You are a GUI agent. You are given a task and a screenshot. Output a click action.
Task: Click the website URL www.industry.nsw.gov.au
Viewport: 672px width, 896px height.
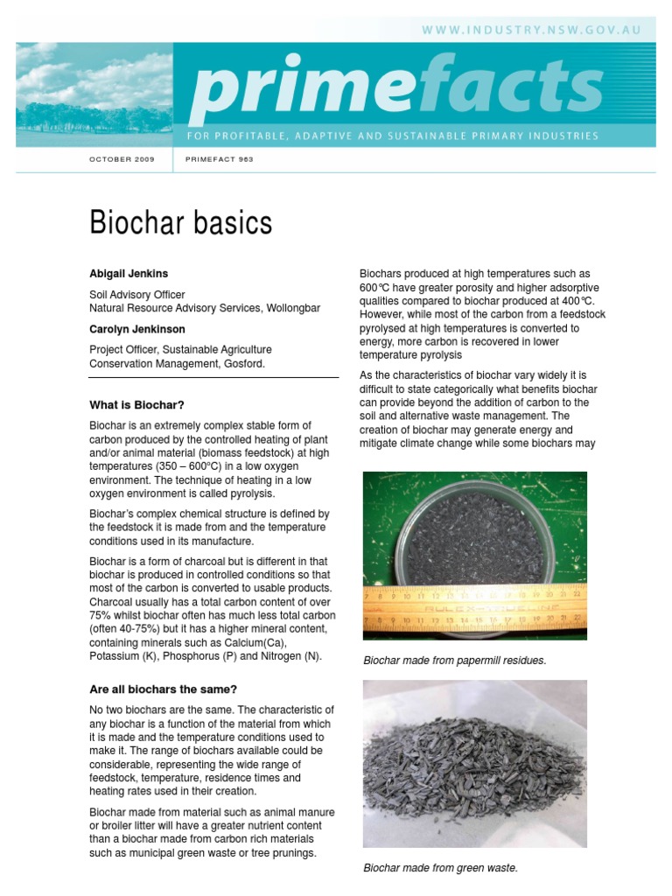[x=531, y=30]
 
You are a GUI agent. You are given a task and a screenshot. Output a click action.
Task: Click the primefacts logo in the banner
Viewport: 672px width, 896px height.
[x=395, y=88]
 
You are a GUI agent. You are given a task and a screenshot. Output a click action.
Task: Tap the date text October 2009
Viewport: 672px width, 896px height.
[x=122, y=160]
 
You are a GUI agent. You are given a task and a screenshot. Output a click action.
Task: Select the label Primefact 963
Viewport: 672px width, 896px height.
[x=219, y=160]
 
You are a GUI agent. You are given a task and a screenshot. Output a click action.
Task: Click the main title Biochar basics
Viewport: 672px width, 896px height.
[x=181, y=223]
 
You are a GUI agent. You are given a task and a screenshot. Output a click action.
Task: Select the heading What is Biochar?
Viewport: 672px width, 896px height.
[x=137, y=405]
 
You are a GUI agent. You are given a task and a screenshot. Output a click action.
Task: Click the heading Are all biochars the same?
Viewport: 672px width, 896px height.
[x=163, y=689]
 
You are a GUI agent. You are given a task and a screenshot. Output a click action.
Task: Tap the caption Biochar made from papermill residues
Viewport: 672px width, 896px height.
[x=454, y=661]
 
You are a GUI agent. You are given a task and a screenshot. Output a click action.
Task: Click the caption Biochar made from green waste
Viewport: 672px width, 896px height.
[x=440, y=868]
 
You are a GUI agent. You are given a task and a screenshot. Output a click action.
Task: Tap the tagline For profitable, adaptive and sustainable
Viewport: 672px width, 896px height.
[x=393, y=136]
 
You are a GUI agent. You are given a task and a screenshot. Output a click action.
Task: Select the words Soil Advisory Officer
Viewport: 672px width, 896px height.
[x=137, y=295]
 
